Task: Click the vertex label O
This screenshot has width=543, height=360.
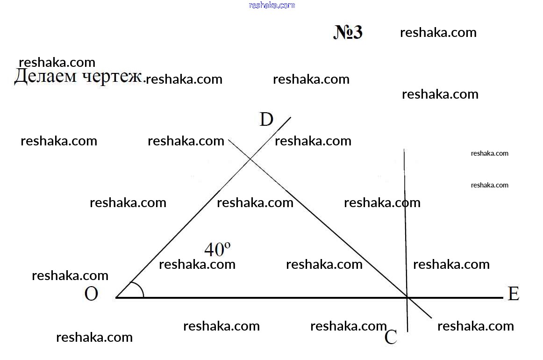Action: (x=92, y=294)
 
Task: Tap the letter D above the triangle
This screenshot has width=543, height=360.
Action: (x=266, y=120)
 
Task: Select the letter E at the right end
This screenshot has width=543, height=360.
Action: (x=514, y=294)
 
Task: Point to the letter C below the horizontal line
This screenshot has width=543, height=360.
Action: (x=391, y=337)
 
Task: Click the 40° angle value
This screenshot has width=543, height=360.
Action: (x=217, y=249)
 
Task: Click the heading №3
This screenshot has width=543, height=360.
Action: (x=348, y=32)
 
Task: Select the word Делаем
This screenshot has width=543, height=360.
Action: (x=45, y=76)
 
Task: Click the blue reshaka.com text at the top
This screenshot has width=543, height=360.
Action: (x=272, y=5)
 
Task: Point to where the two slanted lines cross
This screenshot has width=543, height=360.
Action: (x=250, y=159)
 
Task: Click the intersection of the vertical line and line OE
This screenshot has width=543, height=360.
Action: (x=407, y=297)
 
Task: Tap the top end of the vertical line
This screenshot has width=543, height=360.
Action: (x=404, y=149)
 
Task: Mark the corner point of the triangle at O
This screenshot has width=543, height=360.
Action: (x=116, y=297)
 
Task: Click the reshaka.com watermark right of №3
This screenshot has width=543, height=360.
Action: (x=438, y=33)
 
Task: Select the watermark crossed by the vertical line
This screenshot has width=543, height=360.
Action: (x=382, y=203)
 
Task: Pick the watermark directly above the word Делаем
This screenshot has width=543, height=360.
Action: (x=57, y=62)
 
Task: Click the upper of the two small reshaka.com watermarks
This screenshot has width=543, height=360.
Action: (x=490, y=153)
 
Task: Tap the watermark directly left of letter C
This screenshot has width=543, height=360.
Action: (x=349, y=326)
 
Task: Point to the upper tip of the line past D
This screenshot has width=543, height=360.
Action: (x=291, y=117)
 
